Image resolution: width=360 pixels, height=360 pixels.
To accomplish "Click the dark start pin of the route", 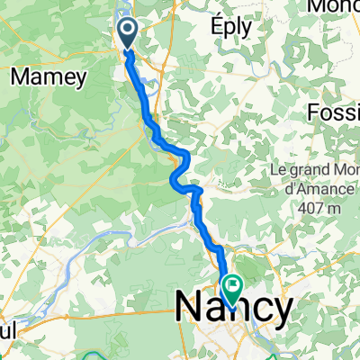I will click(127, 33).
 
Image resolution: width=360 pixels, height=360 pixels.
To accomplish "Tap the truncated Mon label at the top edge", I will click(334, 6).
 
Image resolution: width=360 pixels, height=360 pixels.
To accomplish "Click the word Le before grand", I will click(279, 169).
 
